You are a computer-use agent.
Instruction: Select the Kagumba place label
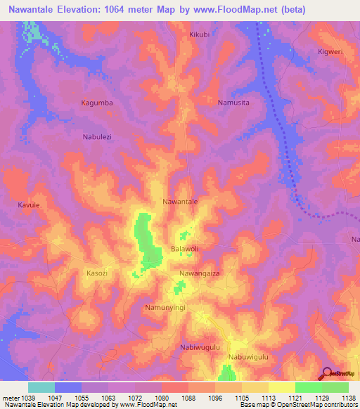pyautogui.click(x=96, y=103)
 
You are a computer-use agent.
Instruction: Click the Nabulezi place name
pyautogui.click(x=98, y=137)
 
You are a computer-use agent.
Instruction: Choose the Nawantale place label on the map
pyautogui.click(x=180, y=202)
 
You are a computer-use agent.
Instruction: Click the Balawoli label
pyautogui.click(x=186, y=249)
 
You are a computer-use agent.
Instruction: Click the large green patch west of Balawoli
pyautogui.click(x=146, y=239)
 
